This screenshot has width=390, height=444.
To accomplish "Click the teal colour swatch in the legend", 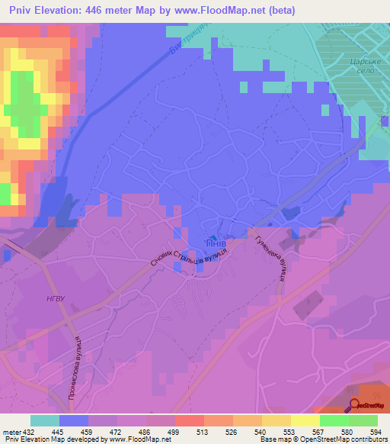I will click(x=44, y=420).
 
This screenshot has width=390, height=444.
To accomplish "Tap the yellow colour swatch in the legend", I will click(x=305, y=420).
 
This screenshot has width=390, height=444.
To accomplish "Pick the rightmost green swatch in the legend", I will click(x=363, y=420).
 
